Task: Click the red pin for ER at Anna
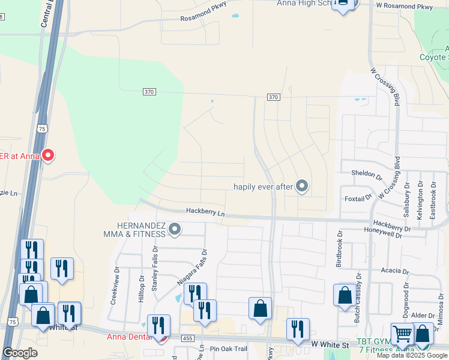pos(47,155)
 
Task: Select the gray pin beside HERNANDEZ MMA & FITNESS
pos(175,229)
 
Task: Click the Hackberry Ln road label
pos(205,212)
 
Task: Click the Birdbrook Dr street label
pos(339,249)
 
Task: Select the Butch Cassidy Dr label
pos(358,295)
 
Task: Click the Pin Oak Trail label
pos(228,349)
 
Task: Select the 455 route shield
pos(187,340)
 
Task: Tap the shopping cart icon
pos(402,333)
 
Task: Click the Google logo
pos(20,353)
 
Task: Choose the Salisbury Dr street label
pos(407,199)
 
